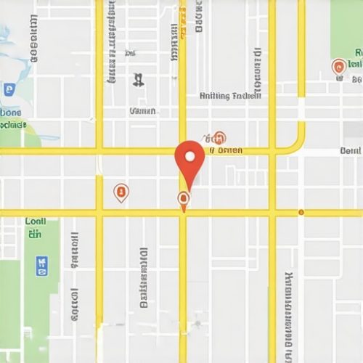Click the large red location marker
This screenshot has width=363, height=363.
[x=190, y=161]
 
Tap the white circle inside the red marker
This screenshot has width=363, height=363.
[x=190, y=155]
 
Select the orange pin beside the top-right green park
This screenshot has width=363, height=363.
[x=338, y=68]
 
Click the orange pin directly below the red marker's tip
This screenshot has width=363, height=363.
[x=183, y=199]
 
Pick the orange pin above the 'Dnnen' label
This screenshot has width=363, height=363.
[x=219, y=137]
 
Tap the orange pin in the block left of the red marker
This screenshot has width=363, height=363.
[x=121, y=192]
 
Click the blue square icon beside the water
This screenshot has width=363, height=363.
[x=9, y=89]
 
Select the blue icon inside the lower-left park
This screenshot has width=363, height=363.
[x=41, y=266]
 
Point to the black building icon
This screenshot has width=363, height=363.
[x=137, y=78]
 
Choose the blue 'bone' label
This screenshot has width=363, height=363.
[x=10, y=113]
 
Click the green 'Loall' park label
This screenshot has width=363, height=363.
[x=35, y=221]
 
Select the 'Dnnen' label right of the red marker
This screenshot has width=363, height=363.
[x=227, y=151]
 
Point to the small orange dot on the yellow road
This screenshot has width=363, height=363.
[x=301, y=213]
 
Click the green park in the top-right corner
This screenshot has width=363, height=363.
[x=346, y=29]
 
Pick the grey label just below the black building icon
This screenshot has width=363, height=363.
[x=142, y=111]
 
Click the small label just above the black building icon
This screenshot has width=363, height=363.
[x=131, y=53]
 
